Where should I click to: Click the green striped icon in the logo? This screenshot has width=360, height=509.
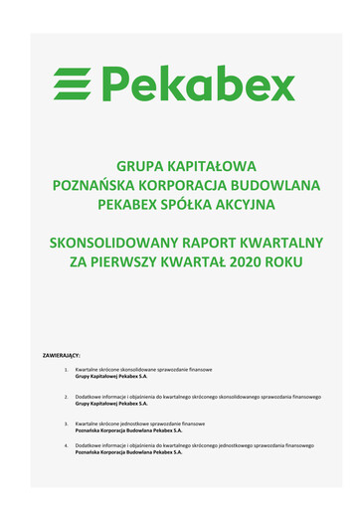(73, 85)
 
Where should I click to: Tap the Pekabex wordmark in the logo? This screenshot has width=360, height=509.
(199, 85)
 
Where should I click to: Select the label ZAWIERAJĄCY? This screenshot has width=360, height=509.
(62, 353)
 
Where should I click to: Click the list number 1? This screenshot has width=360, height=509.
(66, 370)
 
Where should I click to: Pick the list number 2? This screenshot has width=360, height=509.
(66, 397)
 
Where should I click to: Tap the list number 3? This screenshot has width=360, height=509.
(66, 424)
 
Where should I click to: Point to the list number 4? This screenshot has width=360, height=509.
(66, 445)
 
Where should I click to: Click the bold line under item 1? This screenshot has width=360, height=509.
(111, 377)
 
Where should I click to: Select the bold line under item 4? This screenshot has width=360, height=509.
(128, 452)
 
